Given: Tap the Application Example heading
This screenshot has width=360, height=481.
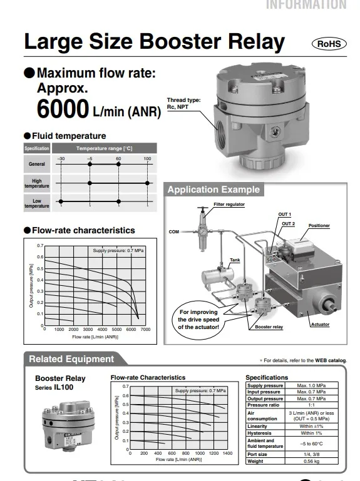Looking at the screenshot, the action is click(213, 190).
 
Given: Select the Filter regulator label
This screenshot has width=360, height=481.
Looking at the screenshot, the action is click(229, 205).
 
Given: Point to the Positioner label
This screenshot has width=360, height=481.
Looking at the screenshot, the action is click(319, 226).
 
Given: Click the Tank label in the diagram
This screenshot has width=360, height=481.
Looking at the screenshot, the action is click(235, 260).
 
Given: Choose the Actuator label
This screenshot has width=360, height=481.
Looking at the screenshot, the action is click(320, 325).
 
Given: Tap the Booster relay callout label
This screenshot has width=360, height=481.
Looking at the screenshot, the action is click(269, 327).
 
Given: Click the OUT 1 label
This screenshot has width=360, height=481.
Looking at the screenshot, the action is click(285, 215).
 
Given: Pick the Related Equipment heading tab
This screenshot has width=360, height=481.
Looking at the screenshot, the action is click(72, 359).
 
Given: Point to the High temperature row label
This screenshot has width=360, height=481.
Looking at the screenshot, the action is click(37, 183).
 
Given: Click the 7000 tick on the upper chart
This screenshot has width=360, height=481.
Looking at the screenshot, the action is click(145, 329).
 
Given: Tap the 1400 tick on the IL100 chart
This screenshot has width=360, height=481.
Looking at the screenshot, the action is click(227, 453).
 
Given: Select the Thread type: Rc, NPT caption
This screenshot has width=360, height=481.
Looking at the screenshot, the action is click(183, 103).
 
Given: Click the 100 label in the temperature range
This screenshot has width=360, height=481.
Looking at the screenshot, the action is click(148, 159).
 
